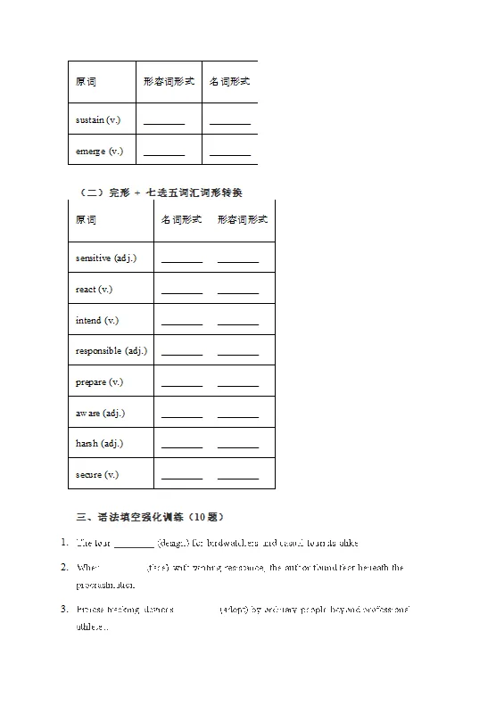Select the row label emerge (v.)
click(99, 151)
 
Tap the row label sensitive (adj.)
click(106, 258)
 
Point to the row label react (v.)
click(94, 290)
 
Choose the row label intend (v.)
click(97, 320)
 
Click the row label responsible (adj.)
click(112, 351)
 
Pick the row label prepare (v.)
click(99, 381)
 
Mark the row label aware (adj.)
click(100, 413)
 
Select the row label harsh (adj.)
click(99, 444)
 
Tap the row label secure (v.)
click(97, 474)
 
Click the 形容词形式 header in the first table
click(165, 81)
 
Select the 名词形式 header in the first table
click(229, 81)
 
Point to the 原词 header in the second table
click(87, 220)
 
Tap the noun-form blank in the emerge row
click(230, 154)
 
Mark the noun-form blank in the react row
click(182, 292)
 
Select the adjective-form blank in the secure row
click(238, 478)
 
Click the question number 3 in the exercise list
click(64, 610)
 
